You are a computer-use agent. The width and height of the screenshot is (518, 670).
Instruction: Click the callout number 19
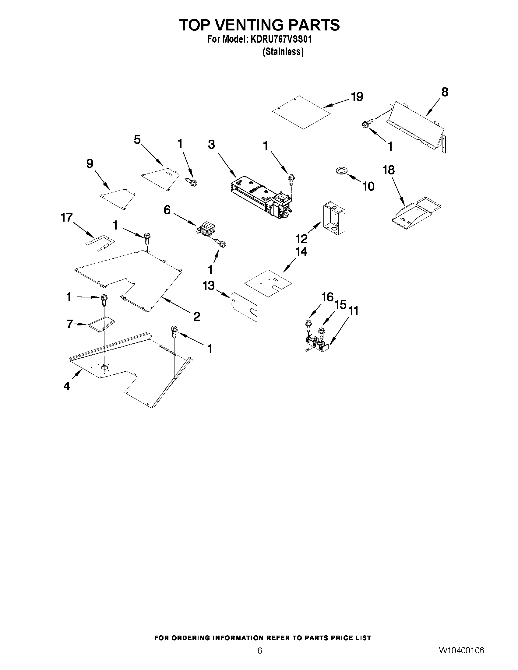357,96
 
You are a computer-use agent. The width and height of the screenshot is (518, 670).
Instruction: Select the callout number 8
445,92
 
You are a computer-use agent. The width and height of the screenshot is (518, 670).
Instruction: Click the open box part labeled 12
334,218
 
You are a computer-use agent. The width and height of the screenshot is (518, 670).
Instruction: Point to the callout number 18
389,170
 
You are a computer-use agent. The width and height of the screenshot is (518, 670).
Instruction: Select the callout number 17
67,218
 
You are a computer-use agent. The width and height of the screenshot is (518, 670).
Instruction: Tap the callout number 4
67,386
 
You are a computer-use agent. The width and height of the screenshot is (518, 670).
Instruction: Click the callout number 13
209,286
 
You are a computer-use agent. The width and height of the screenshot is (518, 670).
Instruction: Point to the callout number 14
301,251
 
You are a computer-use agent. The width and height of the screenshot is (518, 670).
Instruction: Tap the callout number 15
340,305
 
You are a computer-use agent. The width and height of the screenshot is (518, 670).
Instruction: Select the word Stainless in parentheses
283,52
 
